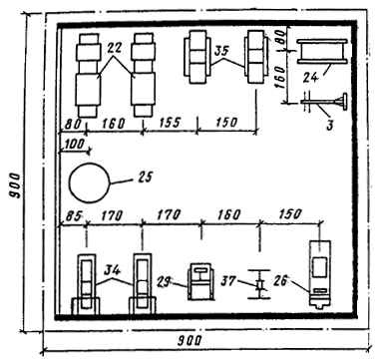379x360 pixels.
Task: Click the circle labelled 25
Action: (x=70, y=182)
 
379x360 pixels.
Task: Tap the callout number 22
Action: (x=116, y=49)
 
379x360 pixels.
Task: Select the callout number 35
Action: (x=222, y=51)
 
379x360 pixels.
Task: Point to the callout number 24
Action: (x=311, y=77)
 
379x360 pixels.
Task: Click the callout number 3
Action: (x=329, y=126)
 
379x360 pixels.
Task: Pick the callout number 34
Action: (x=113, y=270)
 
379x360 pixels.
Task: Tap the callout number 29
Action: (x=163, y=281)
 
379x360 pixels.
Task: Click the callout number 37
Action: (x=228, y=281)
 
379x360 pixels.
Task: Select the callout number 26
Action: (x=282, y=281)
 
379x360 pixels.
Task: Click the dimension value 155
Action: (x=170, y=122)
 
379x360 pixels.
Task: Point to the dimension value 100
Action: (x=74, y=144)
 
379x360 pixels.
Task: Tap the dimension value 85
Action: (x=73, y=216)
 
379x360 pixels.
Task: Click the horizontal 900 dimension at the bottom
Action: (x=189, y=340)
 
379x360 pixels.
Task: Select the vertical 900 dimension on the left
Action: (x=15, y=185)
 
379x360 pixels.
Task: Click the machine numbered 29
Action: (x=200, y=281)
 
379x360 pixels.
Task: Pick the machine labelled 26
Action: (x=319, y=274)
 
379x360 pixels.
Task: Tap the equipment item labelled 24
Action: (x=322, y=51)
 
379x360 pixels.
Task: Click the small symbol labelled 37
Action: (x=259, y=284)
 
